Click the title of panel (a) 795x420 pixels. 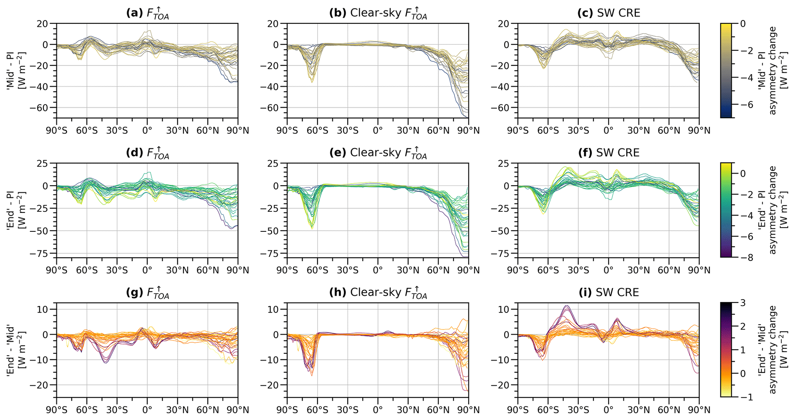click(x=147, y=13)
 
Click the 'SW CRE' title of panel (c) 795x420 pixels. click(x=608, y=13)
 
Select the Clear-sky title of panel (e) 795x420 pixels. click(x=378, y=153)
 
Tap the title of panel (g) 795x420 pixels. click(x=147, y=293)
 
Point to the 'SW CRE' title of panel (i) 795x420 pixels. click(x=608, y=293)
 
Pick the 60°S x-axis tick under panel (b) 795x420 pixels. click(x=317, y=131)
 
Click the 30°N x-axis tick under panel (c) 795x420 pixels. click(x=638, y=131)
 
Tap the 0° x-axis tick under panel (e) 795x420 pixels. click(x=378, y=270)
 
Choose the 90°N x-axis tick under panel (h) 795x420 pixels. click(x=468, y=410)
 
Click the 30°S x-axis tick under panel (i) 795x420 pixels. click(x=578, y=410)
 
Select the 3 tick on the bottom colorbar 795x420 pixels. click(x=743, y=303)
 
